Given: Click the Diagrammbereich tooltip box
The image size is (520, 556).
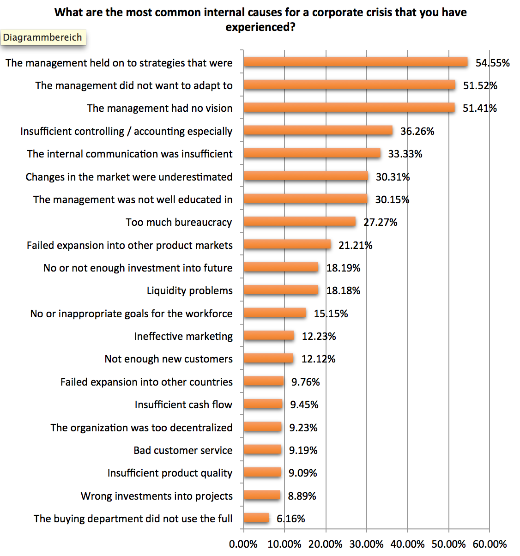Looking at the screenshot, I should click(x=42, y=37).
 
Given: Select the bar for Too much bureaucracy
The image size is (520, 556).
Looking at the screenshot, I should click(x=299, y=222).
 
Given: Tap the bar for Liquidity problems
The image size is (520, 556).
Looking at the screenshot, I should click(x=281, y=290).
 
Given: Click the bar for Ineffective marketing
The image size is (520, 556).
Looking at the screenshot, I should click(x=268, y=336).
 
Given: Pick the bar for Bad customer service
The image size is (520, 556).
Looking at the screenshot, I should click(x=262, y=450).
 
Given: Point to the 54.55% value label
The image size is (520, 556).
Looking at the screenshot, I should click(x=492, y=63).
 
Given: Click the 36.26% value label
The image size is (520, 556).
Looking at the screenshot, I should click(x=417, y=132).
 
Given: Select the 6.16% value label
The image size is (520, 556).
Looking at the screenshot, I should click(x=291, y=519).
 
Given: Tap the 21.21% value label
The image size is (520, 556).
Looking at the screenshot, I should click(x=355, y=245).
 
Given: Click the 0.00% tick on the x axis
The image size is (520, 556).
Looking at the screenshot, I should click(x=243, y=544).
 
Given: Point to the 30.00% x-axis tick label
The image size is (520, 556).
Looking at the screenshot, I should click(x=366, y=544).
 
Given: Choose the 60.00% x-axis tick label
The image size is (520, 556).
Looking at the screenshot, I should click(x=490, y=544).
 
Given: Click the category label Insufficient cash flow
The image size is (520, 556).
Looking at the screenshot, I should click(x=183, y=405).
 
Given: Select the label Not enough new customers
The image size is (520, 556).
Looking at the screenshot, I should click(x=169, y=359).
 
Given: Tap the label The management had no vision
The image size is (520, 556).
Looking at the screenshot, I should click(x=160, y=109).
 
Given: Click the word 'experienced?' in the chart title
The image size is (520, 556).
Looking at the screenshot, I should click(x=260, y=27).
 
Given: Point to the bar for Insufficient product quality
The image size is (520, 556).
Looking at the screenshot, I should click(x=262, y=473).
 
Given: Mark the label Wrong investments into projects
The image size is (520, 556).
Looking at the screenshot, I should click(x=157, y=496).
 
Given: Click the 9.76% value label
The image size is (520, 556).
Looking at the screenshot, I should click(x=305, y=382).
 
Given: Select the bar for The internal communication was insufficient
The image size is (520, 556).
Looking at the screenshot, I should click(x=312, y=154).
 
